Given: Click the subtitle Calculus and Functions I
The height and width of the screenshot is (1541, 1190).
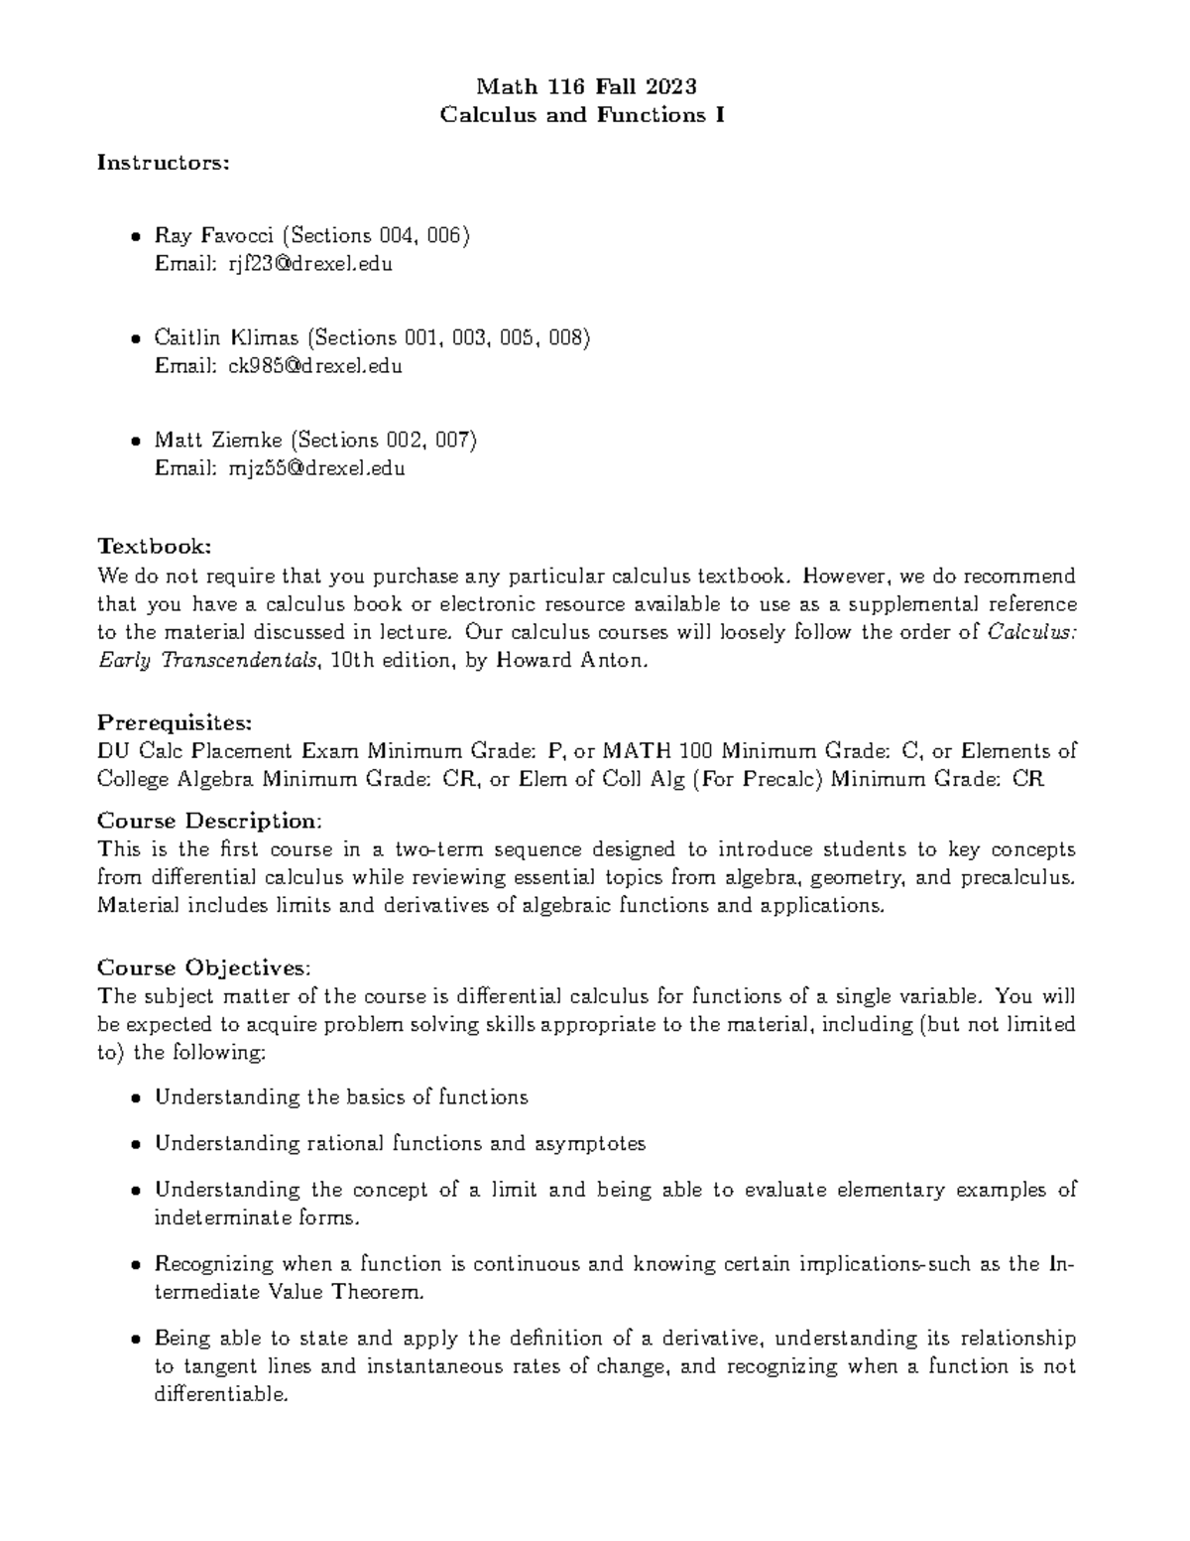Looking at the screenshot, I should click(x=582, y=115).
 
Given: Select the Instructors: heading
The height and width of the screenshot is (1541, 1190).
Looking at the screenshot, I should click(x=163, y=162).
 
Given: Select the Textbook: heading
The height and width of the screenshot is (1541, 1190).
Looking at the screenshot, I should click(x=154, y=546).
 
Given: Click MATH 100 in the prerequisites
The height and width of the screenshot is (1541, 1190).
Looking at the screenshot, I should click(x=650, y=750).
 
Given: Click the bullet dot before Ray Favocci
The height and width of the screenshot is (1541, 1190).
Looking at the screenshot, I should click(x=135, y=237).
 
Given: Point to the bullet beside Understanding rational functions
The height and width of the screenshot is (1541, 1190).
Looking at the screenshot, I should click(x=135, y=1144).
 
